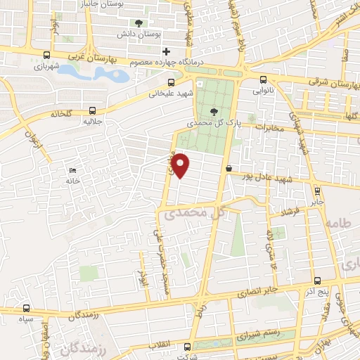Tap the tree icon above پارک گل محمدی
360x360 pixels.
click(x=214, y=111)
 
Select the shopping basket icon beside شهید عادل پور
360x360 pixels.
click(x=229, y=167)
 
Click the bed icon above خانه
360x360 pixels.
click(x=72, y=170)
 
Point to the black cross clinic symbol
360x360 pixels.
click(x=166, y=51)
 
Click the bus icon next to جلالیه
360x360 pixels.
click(x=93, y=110)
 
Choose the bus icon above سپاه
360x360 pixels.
click(x=27, y=308)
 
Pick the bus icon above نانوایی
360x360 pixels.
click(x=262, y=79)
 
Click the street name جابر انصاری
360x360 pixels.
click(x=257, y=289)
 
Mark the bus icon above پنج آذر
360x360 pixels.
click(x=317, y=279)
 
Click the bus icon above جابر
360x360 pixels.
click(x=317, y=189)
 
